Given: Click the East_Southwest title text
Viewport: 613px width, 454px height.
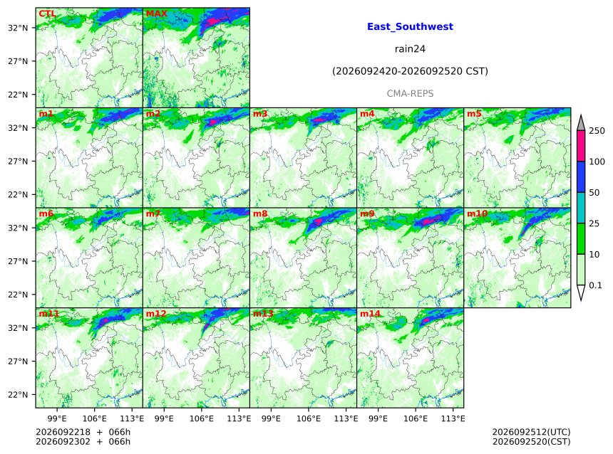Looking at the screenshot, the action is click(410, 26).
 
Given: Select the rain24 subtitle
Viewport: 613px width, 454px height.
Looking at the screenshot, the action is click(410, 49).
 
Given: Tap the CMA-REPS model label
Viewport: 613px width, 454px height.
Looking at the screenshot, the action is click(410, 94).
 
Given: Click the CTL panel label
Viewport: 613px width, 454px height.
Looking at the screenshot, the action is click(47, 14).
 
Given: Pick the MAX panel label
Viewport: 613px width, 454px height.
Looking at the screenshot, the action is click(156, 14).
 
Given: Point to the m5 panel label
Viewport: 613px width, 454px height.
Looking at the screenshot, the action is click(474, 114).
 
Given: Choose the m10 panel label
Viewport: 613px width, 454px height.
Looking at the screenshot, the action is click(477, 213).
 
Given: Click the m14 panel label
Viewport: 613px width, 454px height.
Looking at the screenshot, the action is click(370, 314).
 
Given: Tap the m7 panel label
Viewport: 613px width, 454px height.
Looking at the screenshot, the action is click(153, 213).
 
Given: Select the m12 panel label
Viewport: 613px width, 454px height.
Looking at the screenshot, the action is click(156, 314).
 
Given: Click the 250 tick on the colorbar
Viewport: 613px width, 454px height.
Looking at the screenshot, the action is click(597, 131).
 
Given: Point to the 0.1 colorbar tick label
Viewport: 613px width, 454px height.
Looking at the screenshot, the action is click(595, 285).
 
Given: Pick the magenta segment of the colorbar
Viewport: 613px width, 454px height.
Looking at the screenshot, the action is click(581, 146).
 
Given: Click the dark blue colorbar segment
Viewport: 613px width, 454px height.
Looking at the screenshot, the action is click(581, 177).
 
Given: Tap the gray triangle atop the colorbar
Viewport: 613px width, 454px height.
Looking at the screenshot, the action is click(581, 123).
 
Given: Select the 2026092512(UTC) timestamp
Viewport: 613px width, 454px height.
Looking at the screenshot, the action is click(531, 432).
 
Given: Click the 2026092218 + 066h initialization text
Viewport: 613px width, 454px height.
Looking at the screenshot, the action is click(83, 432).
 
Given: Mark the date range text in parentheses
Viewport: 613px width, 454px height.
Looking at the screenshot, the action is click(410, 71).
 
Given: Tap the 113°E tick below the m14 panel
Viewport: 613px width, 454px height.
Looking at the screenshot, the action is click(453, 418).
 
